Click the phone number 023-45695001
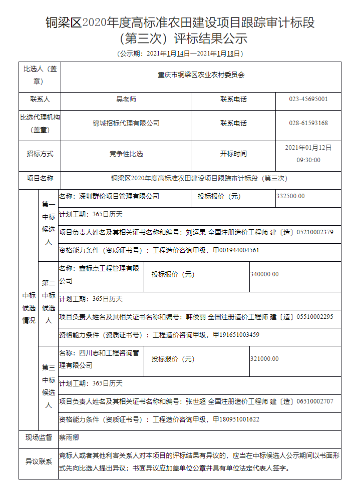tap(308, 99)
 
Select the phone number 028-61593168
tap(308, 123)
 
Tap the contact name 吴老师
tap(126, 99)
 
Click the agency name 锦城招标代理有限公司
tap(126, 123)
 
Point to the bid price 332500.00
tap(290, 196)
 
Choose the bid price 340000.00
tap(264, 274)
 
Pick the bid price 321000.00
tap(264, 359)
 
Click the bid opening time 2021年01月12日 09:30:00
tap(308, 154)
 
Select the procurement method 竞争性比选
tap(126, 154)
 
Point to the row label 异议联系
tap(39, 461)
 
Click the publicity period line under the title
tap(180, 53)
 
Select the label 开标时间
tap(233, 154)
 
